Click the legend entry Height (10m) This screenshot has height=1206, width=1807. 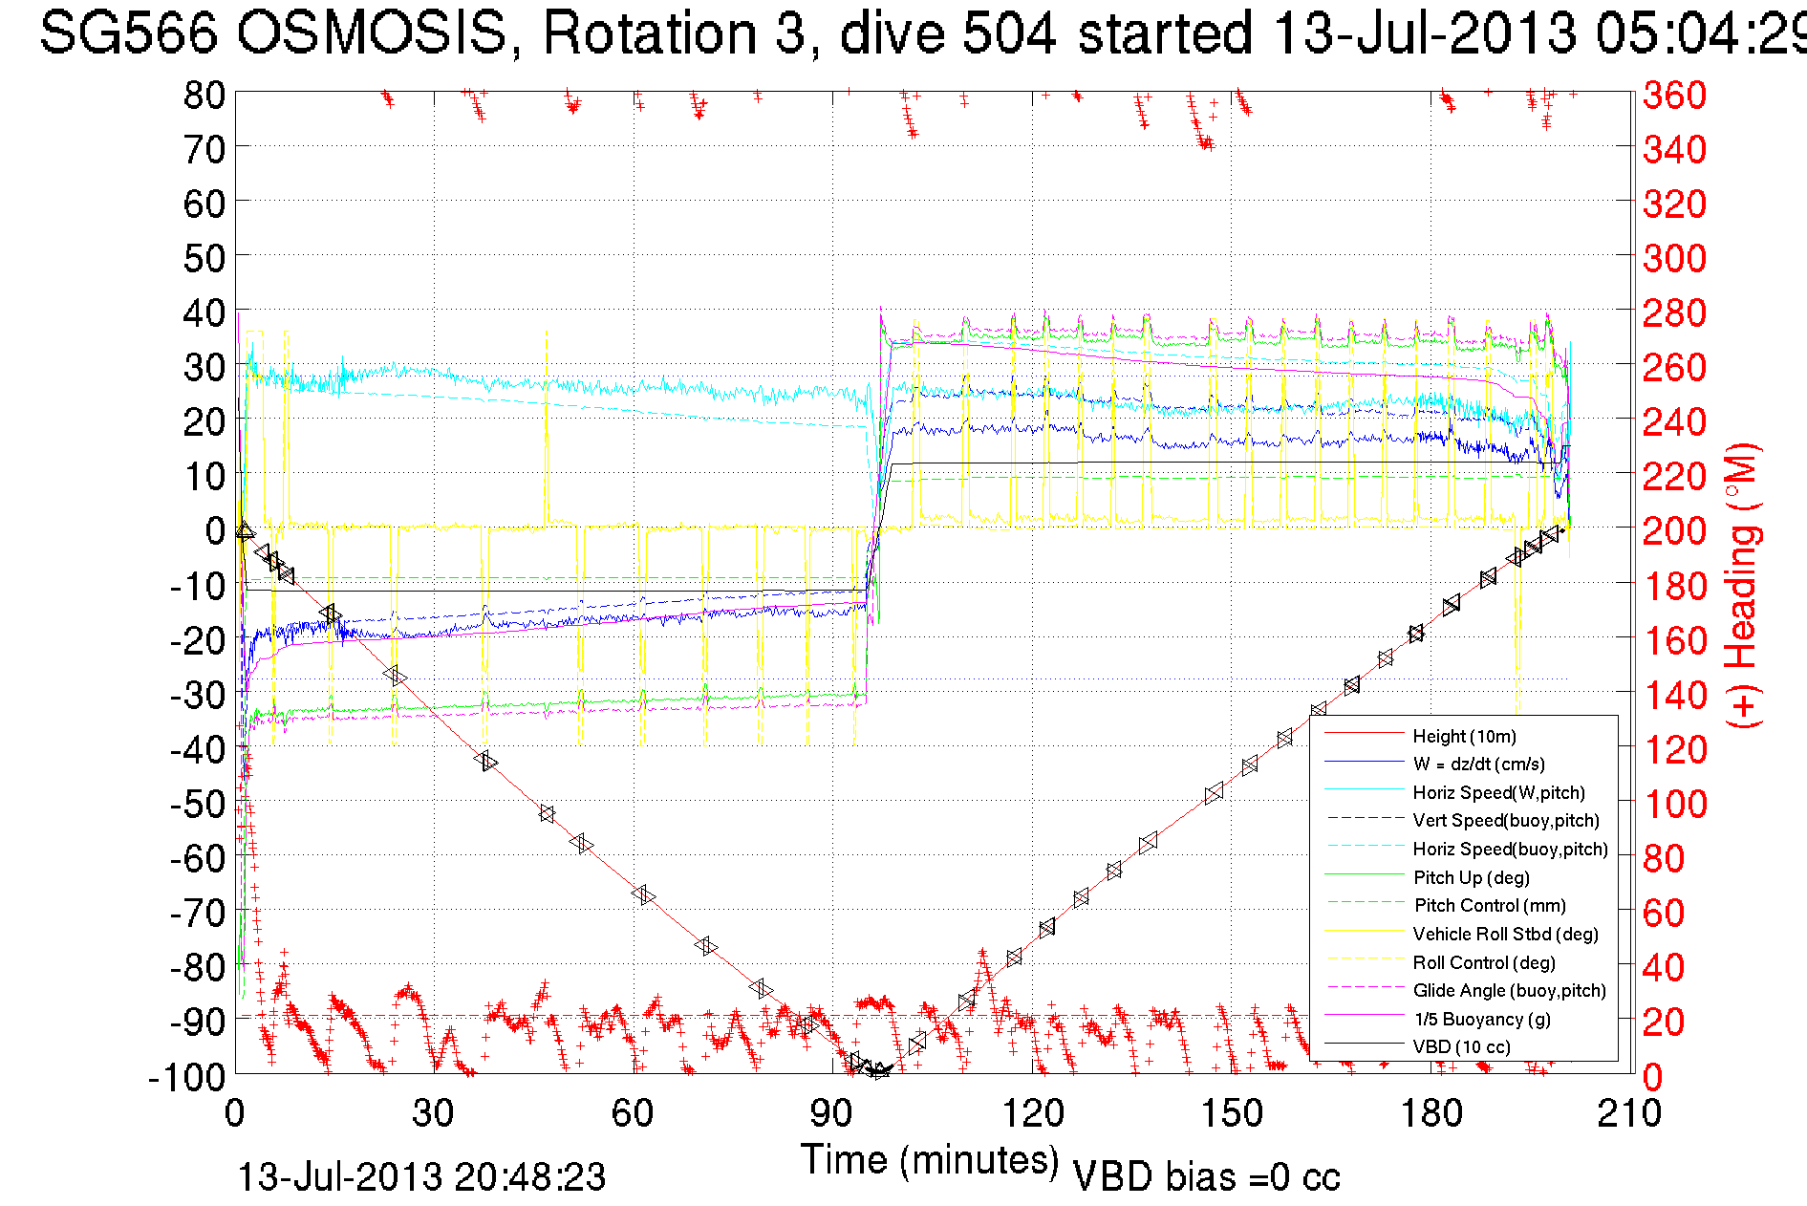click(x=1464, y=736)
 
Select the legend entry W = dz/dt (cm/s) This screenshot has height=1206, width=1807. click(x=1478, y=764)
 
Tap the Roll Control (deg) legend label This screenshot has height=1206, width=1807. click(x=1483, y=962)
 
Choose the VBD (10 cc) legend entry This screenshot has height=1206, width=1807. click(x=1461, y=1046)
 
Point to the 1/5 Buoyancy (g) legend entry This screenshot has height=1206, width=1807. click(x=1481, y=1019)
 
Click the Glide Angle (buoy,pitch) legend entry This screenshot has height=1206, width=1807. click(x=1509, y=990)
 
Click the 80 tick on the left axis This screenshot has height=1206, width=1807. click(x=204, y=95)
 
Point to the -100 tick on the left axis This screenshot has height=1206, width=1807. click(x=186, y=1077)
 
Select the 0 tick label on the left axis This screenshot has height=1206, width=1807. click(x=215, y=530)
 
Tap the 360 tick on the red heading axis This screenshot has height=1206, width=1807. click(x=1674, y=95)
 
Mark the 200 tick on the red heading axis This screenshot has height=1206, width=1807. click(x=1674, y=530)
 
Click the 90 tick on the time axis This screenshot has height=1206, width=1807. click(x=831, y=1113)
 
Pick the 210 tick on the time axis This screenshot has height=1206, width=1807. click(x=1629, y=1113)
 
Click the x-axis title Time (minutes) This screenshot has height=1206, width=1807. click(x=930, y=1160)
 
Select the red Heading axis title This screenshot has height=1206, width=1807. click(x=1743, y=585)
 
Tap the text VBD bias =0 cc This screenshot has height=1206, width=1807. click(x=1206, y=1177)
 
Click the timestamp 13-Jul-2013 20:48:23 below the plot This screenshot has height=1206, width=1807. click(x=421, y=1177)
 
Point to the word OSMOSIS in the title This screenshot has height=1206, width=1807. click(x=371, y=33)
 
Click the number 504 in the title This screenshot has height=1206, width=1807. click(x=1009, y=33)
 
